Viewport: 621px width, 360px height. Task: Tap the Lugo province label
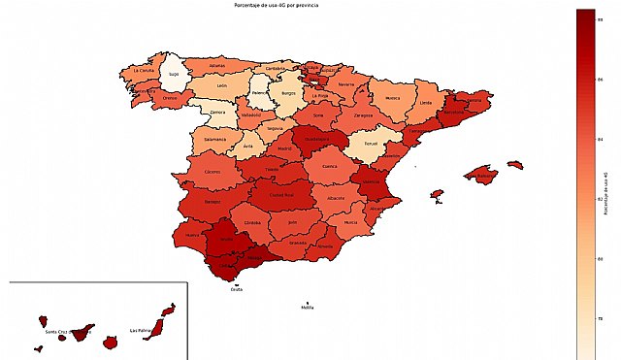pyautogui.click(x=174, y=73)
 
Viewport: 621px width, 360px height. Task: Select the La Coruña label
pyautogui.click(x=143, y=71)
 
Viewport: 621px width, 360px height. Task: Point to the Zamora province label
pyautogui.click(x=216, y=112)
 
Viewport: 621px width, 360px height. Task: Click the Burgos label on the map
pyautogui.click(x=288, y=94)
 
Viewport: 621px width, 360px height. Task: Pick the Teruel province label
pyautogui.click(x=369, y=147)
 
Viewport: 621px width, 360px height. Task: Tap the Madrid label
pyautogui.click(x=284, y=148)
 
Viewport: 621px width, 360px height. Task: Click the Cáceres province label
pyautogui.click(x=212, y=173)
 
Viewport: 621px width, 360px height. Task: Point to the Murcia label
pyautogui.click(x=350, y=222)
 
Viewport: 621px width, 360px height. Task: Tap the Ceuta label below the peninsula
pyautogui.click(x=237, y=289)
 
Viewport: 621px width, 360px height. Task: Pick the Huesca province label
pyautogui.click(x=392, y=97)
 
